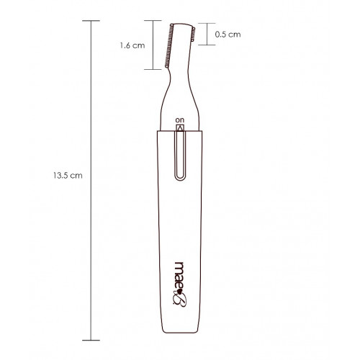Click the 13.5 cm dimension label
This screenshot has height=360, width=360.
click(x=68, y=176)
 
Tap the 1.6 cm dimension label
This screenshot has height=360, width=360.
click(x=132, y=45)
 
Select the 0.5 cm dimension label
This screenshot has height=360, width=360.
click(x=228, y=35)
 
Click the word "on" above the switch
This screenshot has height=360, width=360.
click(x=180, y=120)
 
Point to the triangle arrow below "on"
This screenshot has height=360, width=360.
click(x=180, y=128)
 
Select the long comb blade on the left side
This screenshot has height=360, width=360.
click(x=169, y=45)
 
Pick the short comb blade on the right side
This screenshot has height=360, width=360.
click(x=193, y=35)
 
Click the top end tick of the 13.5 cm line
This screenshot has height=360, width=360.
click(x=91, y=21)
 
